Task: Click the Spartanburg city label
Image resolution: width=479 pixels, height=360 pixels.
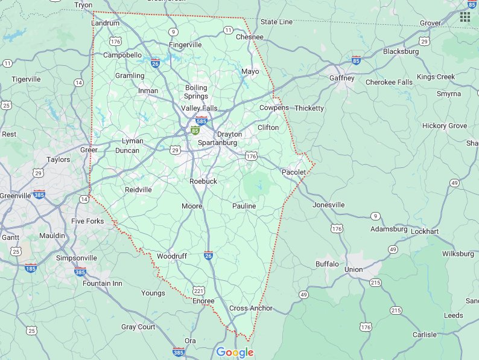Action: (217, 143)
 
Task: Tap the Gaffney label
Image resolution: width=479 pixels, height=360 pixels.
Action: (341, 79)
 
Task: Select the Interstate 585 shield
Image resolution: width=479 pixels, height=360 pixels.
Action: (202, 120)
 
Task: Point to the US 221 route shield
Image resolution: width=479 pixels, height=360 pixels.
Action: (198, 290)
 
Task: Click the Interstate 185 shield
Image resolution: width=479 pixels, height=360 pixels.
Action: (31, 267)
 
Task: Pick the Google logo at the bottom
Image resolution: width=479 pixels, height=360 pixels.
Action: (235, 353)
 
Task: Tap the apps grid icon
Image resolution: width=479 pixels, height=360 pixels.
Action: (465, 16)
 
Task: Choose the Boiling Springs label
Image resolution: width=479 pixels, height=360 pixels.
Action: (196, 92)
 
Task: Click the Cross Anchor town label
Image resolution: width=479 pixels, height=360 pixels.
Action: (251, 308)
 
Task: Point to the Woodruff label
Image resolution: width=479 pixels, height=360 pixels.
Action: (172, 256)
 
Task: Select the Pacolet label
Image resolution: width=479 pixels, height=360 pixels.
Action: (294, 173)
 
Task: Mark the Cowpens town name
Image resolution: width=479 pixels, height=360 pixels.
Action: (274, 108)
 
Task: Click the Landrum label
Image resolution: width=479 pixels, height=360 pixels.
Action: (106, 23)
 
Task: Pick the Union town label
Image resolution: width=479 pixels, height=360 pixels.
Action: (354, 269)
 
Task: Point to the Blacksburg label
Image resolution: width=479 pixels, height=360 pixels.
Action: (401, 51)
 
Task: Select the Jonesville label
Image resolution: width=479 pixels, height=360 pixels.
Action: (329, 205)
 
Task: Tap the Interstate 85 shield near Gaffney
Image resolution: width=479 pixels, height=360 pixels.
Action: (356, 60)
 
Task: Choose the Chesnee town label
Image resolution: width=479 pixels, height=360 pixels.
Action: (249, 37)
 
